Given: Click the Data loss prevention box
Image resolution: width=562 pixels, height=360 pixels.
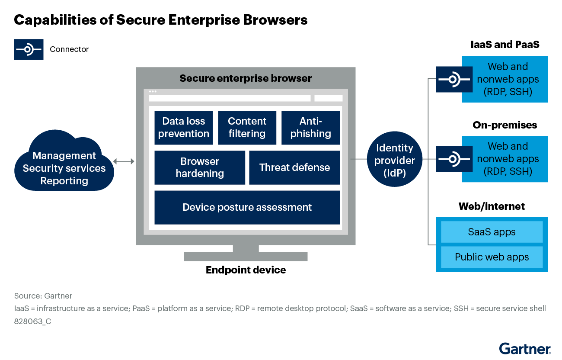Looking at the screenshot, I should click(x=183, y=128).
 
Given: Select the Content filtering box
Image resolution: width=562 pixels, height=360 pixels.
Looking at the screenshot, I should click(x=247, y=128).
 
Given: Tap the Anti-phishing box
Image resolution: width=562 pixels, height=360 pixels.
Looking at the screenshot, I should click(x=310, y=128).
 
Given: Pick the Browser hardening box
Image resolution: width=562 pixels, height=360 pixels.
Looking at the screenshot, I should click(x=200, y=167).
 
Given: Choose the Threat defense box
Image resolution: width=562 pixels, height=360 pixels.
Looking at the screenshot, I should click(x=294, y=167).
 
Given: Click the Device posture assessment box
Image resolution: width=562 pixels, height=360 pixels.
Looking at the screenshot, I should click(x=247, y=207).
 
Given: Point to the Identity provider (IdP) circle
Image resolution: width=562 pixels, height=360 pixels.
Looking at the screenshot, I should click(x=394, y=161).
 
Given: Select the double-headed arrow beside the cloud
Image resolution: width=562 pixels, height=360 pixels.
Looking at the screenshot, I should click(x=124, y=161).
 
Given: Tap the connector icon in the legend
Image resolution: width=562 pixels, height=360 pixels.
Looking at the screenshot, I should click(x=29, y=49).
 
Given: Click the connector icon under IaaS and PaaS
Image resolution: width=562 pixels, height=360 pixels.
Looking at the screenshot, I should click(x=454, y=80).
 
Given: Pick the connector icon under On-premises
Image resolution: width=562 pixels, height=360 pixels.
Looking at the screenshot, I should click(x=454, y=159).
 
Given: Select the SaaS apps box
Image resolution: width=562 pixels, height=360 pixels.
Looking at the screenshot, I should click(x=492, y=232).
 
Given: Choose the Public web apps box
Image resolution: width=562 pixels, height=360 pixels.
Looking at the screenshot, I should click(x=492, y=257).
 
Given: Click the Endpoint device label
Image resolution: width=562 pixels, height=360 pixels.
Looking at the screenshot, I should click(x=246, y=270).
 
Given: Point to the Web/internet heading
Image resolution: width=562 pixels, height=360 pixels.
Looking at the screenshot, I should click(x=492, y=206).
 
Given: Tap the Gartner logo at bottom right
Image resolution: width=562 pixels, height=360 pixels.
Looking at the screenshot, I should click(x=524, y=348).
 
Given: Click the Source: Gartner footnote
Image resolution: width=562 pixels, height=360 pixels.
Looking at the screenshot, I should click(x=43, y=296).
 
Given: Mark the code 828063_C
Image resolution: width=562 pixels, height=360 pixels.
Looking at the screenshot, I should click(x=32, y=321).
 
